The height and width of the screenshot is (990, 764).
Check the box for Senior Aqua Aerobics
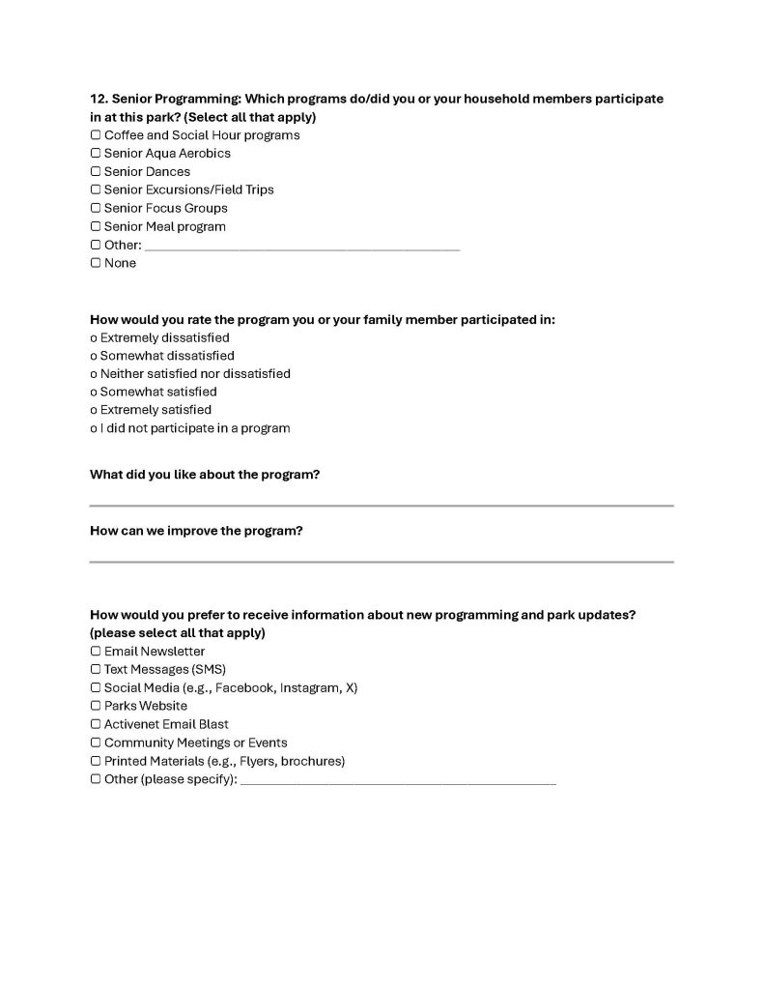click(x=96, y=154)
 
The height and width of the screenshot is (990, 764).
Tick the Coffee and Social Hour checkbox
click(x=96, y=135)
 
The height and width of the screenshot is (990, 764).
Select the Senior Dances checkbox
click(x=96, y=172)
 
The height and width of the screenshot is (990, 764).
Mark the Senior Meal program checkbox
click(x=96, y=227)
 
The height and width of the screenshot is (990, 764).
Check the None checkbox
click(x=96, y=263)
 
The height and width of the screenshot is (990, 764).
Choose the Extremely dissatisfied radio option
click(x=94, y=338)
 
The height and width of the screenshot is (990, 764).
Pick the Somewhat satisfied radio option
click(x=94, y=393)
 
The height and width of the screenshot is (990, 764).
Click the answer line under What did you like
click(x=382, y=504)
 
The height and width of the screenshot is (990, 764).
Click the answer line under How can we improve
click(x=382, y=560)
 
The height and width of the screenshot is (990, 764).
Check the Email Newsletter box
click(x=96, y=652)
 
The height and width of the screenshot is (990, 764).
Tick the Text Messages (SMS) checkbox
click(x=96, y=670)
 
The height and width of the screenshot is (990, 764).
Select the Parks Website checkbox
click(x=96, y=707)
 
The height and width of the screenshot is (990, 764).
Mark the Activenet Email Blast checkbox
click(x=96, y=724)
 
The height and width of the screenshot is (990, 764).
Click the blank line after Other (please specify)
click(x=398, y=781)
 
